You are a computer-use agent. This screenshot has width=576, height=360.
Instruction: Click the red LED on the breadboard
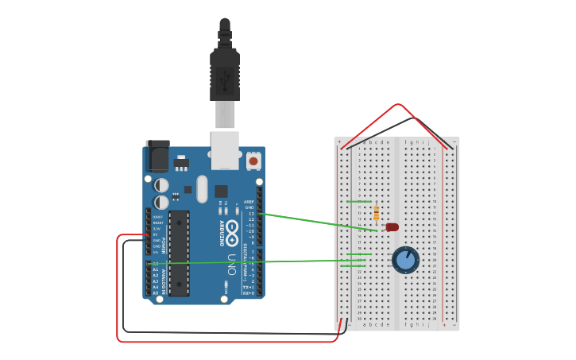392,227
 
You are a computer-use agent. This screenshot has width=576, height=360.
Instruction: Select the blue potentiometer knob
405,260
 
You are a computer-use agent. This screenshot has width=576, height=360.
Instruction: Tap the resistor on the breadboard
376,212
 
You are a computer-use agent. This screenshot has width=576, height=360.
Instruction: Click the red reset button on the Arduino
253,161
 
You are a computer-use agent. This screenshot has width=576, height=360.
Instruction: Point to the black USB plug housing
225,75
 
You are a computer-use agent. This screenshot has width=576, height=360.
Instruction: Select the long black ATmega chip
180,253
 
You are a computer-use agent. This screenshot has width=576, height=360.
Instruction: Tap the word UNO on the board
232,265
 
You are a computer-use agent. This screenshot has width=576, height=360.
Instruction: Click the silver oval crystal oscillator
202,189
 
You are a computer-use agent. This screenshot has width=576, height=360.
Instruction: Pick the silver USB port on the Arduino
225,149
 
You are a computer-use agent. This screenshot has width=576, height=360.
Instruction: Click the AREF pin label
249,202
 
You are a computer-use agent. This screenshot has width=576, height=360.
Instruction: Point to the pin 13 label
250,214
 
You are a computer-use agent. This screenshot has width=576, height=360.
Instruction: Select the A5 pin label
156,293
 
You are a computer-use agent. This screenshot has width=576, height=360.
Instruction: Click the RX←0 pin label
249,293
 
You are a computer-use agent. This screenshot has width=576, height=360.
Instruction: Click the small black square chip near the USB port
221,191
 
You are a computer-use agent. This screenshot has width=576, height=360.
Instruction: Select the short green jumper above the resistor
359,202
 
